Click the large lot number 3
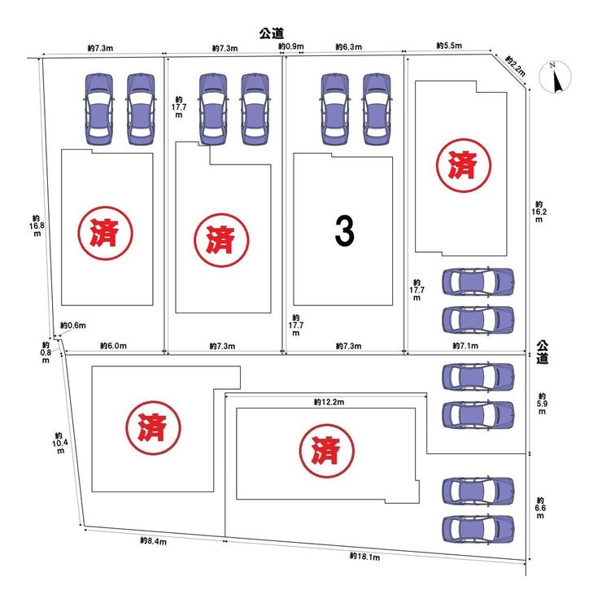tap(344, 230)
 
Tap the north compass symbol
tap(555, 77)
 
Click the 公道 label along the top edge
tap(272, 33)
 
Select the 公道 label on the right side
tap(542, 352)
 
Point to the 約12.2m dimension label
tap(329, 402)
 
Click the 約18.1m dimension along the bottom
tap(364, 556)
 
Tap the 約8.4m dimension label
tap(154, 540)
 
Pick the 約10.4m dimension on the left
tap(59, 443)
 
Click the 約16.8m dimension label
tap(37, 225)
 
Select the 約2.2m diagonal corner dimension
tap(515, 65)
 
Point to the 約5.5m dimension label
tap(449, 46)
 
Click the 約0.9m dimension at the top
tap(291, 46)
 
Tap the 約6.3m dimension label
tap(349, 46)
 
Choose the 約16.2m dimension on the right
tap(539, 212)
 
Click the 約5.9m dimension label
tap(542, 404)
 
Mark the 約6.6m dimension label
tap(540, 508)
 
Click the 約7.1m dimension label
tap(465, 346)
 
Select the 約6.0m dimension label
tap(113, 346)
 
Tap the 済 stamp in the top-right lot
tap(463, 165)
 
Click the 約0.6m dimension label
tap(73, 326)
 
